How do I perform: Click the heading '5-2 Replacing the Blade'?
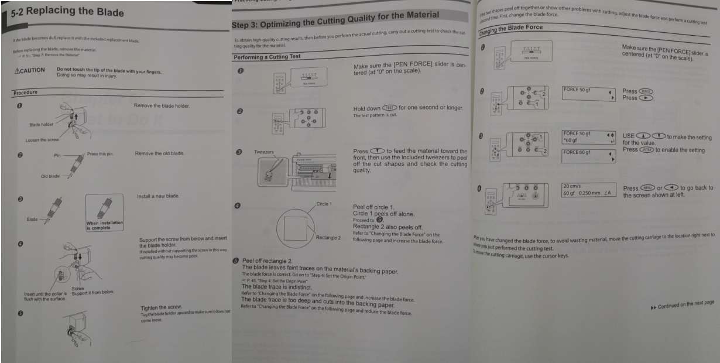tap(67, 12)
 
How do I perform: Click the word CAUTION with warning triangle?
tap(29, 71)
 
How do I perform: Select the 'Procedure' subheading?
tap(25, 93)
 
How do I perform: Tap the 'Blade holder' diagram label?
tap(41, 125)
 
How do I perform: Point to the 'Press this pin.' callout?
tap(100, 154)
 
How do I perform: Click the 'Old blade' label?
tap(50, 176)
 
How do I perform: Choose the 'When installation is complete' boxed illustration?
tap(105, 213)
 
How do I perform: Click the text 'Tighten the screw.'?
tap(162, 308)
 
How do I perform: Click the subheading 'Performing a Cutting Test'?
tap(268, 57)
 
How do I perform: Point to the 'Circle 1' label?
tap(324, 204)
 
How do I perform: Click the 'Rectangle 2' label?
tap(328, 238)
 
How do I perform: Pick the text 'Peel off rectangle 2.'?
tap(267, 261)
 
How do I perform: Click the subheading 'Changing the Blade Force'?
tap(511, 28)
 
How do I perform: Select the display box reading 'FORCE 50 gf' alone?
tap(589, 94)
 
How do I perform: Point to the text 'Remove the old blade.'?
tap(159, 153)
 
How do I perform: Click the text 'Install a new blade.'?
tap(157, 196)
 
